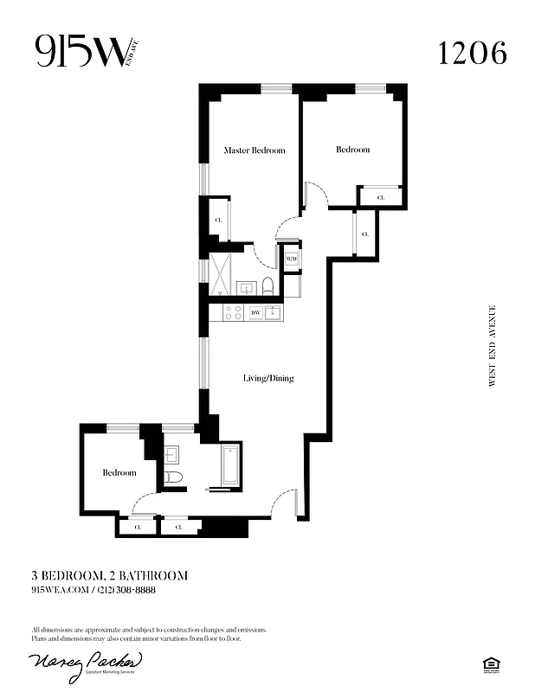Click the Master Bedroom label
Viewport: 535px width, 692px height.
[x=255, y=151]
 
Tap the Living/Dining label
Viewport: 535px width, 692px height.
[x=267, y=378]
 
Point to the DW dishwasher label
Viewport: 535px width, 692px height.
[x=255, y=312]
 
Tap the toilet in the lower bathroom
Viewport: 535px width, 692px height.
[x=173, y=477]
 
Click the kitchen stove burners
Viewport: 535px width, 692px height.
[x=233, y=312]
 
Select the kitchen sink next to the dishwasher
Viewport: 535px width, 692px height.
[x=274, y=312]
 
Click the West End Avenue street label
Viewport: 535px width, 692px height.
[x=493, y=345]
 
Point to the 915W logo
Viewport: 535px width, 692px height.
[x=82, y=54]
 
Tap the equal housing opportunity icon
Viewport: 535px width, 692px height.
[x=490, y=663]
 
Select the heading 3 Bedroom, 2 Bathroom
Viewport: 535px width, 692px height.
[x=109, y=575]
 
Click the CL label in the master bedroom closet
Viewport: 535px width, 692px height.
[x=217, y=222]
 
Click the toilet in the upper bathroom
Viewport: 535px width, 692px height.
[x=268, y=286]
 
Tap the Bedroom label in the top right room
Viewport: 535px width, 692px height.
[x=352, y=150]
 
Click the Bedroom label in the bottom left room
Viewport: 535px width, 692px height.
[x=119, y=472]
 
